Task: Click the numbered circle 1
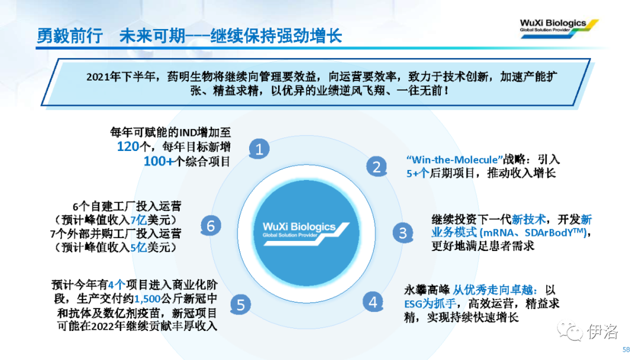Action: (x=259, y=149)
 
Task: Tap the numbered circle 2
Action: (x=376, y=166)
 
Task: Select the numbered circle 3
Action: (x=403, y=233)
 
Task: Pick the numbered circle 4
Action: (x=373, y=302)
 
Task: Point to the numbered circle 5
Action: (x=240, y=304)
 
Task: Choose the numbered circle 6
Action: (x=211, y=226)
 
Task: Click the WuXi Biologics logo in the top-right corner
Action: (x=559, y=28)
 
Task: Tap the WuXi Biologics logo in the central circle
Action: (x=306, y=234)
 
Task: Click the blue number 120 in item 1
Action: (x=128, y=146)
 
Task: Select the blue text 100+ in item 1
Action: (x=159, y=161)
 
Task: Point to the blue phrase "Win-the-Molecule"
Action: (x=454, y=159)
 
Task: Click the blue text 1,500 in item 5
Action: (x=147, y=299)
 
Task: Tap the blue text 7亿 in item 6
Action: (x=138, y=220)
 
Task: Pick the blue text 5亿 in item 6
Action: (x=138, y=247)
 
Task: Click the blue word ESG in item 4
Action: (x=413, y=304)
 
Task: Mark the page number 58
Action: (x=626, y=349)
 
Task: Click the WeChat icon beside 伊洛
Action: (x=570, y=330)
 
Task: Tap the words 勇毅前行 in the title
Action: (x=70, y=36)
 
